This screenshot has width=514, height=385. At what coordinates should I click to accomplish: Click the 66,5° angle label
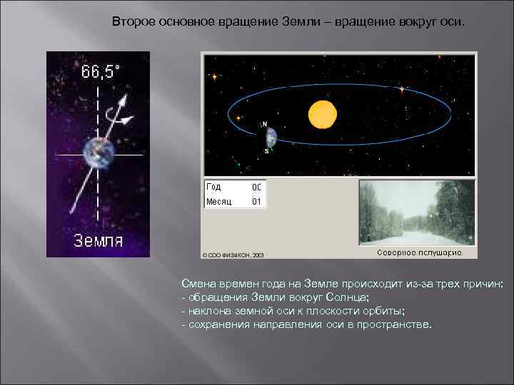click(x=101, y=72)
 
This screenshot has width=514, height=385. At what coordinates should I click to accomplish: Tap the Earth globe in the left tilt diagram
click(x=98, y=153)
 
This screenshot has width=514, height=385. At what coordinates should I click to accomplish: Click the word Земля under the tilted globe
click(x=99, y=240)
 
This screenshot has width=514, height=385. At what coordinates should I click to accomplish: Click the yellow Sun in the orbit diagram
click(x=322, y=113)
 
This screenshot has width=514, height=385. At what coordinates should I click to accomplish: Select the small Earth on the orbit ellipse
click(x=271, y=138)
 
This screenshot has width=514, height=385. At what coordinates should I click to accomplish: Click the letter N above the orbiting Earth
click(x=266, y=124)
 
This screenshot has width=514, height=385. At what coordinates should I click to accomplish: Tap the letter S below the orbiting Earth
click(x=267, y=152)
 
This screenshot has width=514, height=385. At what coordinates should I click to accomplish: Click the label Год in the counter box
click(x=213, y=187)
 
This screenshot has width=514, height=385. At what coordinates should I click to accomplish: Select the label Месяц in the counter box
click(x=218, y=202)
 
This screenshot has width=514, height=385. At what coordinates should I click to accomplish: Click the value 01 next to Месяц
click(x=256, y=202)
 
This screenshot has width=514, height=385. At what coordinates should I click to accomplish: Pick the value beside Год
click(x=256, y=187)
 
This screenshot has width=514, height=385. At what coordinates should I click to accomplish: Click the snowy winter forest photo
click(x=416, y=212)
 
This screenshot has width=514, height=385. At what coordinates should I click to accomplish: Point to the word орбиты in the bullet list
click(x=384, y=311)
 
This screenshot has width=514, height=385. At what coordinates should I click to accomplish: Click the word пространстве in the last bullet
click(x=396, y=324)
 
